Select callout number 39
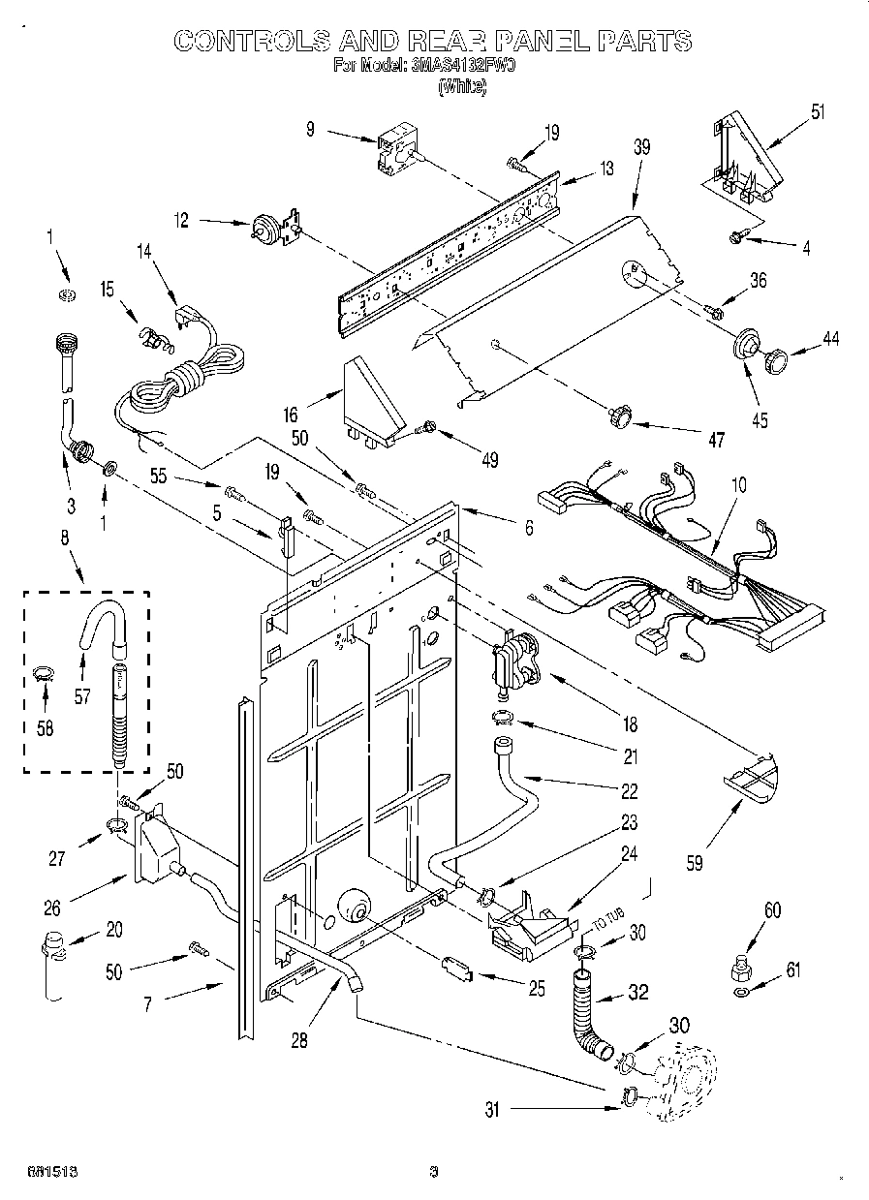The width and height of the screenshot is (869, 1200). coord(640,147)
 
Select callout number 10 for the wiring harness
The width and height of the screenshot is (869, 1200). coord(739,483)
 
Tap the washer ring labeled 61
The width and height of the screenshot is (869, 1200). coord(741,993)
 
